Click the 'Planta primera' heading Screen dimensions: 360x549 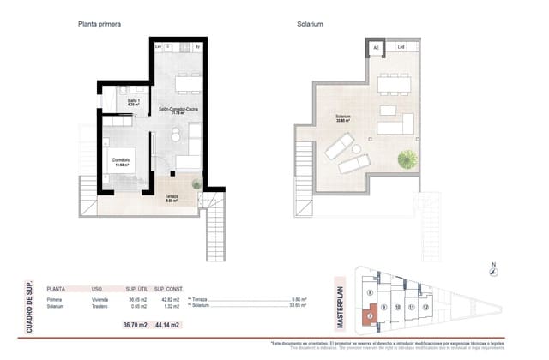[x=100, y=24]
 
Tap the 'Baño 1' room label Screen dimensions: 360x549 [x=133, y=102]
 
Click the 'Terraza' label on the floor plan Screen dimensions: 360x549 [x=172, y=196]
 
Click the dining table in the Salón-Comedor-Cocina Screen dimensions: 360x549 [x=186, y=83]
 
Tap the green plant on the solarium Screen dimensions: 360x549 [x=409, y=160]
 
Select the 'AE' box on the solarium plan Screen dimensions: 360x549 [x=375, y=48]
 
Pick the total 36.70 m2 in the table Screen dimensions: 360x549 [x=136, y=324]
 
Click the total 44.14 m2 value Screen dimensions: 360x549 [x=166, y=324]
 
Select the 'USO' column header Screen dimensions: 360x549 [x=98, y=290]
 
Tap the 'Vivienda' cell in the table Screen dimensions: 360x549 [x=102, y=299]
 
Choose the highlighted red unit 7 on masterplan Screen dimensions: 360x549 [x=370, y=315]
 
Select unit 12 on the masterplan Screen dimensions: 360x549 [x=425, y=306]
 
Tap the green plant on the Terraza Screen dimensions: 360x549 [x=197, y=183]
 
